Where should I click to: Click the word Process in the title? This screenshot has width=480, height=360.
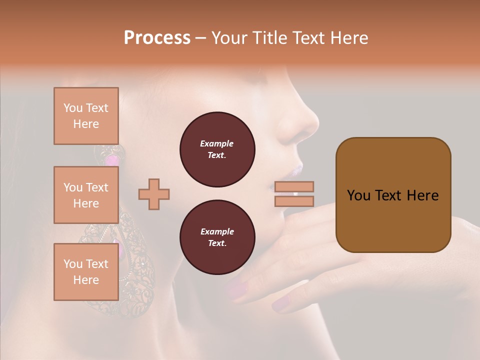[x=157, y=38]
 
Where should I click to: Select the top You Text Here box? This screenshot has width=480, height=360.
[x=86, y=116]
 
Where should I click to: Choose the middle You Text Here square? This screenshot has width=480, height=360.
[x=86, y=195]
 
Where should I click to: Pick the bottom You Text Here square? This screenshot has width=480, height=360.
[x=86, y=271]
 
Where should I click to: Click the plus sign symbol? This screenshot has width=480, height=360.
[x=154, y=194]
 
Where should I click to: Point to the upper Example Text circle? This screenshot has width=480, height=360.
[x=217, y=149]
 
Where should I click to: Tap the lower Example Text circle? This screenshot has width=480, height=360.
[x=217, y=237]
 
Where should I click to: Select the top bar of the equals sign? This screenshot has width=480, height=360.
[x=294, y=186]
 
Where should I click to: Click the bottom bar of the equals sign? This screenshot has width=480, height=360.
[x=294, y=201]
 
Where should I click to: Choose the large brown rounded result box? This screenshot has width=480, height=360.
[x=393, y=195]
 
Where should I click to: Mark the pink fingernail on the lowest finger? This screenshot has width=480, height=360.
[x=281, y=303]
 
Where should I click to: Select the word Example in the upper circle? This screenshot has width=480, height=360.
[x=217, y=143]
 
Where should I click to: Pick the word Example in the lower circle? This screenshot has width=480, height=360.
[x=217, y=231]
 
